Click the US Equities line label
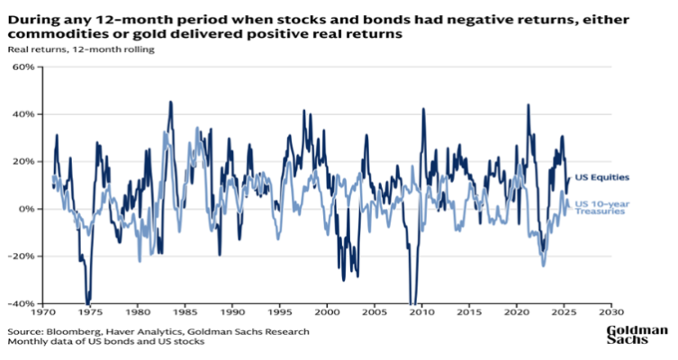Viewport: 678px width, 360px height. [601, 177]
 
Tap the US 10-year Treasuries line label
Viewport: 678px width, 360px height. [601, 207]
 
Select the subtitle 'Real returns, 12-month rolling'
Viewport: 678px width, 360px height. [82, 49]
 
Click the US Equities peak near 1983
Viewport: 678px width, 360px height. [170, 103]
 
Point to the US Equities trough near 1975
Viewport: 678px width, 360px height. [87, 302]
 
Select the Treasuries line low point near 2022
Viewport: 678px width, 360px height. [544, 265]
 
